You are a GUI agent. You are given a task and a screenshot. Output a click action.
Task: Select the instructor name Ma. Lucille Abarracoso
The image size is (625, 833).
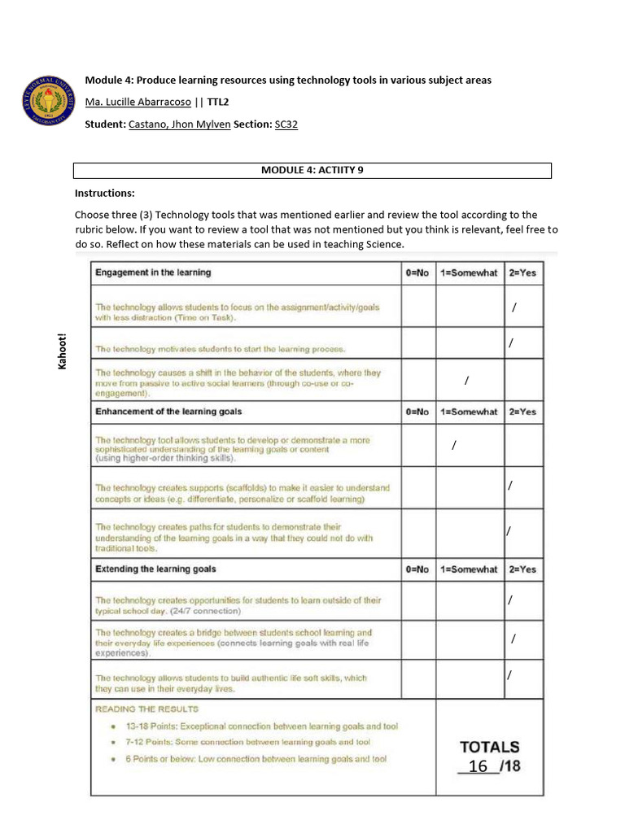(x=138, y=102)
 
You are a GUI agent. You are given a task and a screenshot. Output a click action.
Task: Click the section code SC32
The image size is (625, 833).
(x=287, y=124)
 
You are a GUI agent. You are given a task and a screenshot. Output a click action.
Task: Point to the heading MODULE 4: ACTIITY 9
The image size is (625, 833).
(x=312, y=171)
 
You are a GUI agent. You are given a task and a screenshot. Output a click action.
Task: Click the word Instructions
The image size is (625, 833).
(x=105, y=194)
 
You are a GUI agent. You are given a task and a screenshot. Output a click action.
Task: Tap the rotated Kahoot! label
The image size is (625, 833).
(x=61, y=351)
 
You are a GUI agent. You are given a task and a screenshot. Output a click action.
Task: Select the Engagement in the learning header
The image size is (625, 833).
(x=153, y=273)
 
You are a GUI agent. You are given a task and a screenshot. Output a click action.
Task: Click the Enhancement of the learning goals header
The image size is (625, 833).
(x=168, y=412)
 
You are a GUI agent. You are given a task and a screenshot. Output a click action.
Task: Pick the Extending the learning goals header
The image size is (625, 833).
(x=155, y=569)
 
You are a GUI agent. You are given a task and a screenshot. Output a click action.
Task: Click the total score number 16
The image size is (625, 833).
(x=479, y=766)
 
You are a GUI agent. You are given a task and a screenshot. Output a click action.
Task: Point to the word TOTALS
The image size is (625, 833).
(x=489, y=746)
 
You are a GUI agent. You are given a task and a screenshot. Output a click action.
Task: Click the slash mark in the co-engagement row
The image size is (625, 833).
(x=466, y=380)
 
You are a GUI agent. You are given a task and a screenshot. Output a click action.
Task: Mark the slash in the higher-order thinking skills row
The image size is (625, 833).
(x=453, y=446)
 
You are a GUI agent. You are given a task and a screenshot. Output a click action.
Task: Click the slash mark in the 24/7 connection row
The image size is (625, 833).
(x=509, y=600)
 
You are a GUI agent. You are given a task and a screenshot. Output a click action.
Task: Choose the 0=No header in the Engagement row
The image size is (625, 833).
(x=417, y=273)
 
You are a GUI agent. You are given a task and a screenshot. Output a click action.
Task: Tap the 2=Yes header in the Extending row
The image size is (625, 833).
(x=522, y=569)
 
